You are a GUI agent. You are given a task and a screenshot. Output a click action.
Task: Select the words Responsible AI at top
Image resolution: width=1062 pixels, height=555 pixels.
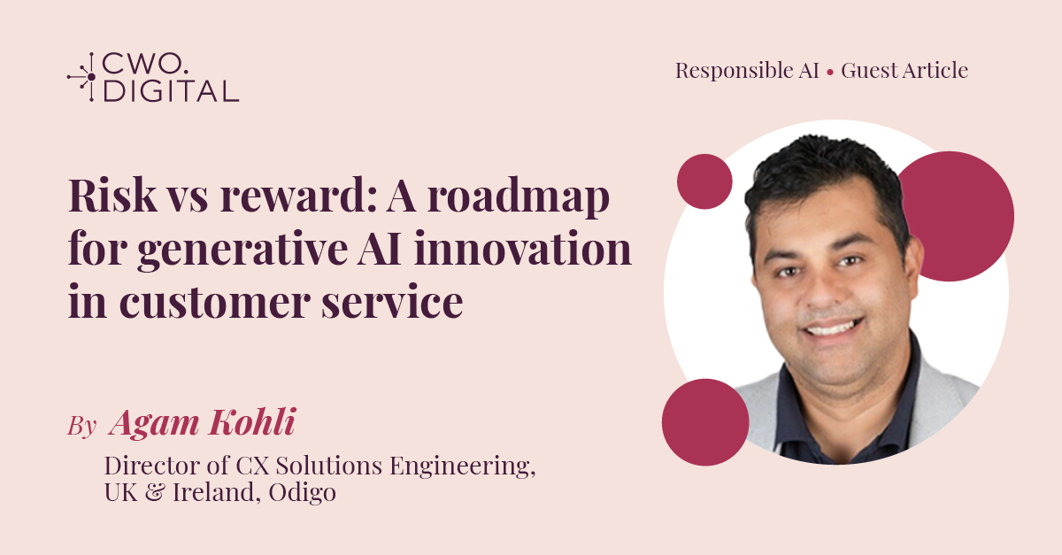coord(747,71)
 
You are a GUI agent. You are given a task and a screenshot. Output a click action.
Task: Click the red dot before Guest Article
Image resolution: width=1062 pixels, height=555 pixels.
coord(829,72)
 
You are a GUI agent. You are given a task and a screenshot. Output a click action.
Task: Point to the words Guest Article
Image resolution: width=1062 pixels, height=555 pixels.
coord(904,71)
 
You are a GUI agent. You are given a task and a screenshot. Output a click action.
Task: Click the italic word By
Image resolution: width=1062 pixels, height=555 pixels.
coord(81,426)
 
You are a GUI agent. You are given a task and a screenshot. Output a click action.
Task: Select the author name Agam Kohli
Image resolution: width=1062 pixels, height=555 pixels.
coord(201,423)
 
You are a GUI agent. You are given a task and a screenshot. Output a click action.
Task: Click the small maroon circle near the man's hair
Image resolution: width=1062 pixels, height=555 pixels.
coord(704,181)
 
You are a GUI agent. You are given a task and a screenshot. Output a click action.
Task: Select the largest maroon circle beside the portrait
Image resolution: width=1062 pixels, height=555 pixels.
coord(950,216)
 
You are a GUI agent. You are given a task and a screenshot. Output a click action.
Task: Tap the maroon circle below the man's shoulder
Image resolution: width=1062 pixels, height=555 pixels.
coord(705,421)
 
